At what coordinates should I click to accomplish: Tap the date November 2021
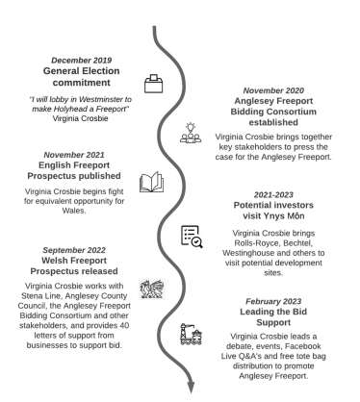[x=77, y=153]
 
